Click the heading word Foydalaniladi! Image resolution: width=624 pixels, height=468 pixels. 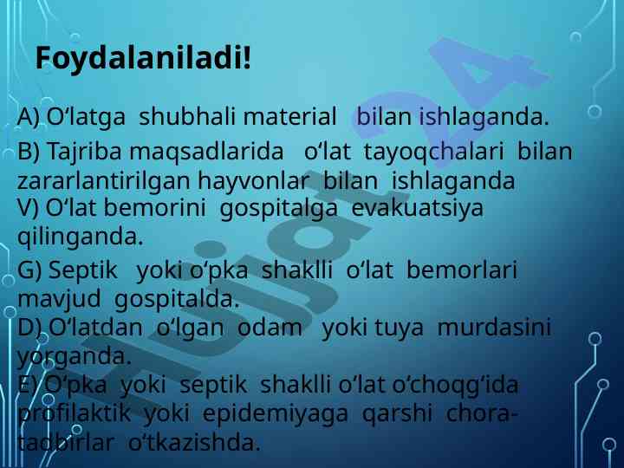coord(143,59)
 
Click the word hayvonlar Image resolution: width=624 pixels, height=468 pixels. coord(253,181)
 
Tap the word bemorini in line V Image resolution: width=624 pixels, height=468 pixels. coord(154,208)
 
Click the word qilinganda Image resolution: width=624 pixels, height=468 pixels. coord(80,237)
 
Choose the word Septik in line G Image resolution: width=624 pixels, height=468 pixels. coord(83,270)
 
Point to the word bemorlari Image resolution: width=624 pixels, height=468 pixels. coord(462,270)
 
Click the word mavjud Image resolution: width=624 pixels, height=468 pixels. coord(59,300)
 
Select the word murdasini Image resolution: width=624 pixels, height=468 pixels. coord(494,328)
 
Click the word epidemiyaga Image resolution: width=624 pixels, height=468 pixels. coord(276,414)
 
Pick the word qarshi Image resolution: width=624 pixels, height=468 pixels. coord(397,414)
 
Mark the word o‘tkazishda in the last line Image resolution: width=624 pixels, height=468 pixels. coord(194,443)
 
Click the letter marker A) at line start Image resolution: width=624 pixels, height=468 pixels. coord(29,118)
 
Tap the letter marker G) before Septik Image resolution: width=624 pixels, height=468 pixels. coord(29,270)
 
